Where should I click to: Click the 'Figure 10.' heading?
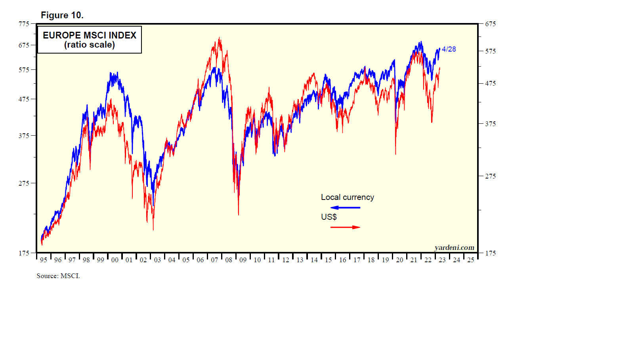(62, 15)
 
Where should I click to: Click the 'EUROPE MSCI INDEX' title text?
(90, 35)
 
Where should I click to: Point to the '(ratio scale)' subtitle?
(90, 45)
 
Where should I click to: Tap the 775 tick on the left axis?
(24, 24)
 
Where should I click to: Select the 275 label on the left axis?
(24, 183)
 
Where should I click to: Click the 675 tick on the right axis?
(490, 24)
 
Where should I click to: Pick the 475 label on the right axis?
(490, 83)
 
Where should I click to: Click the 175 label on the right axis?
(490, 253)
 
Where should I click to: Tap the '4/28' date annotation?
(449, 49)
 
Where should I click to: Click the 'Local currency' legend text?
(348, 197)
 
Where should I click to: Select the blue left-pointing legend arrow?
(345, 207)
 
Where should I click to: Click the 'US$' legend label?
(329, 217)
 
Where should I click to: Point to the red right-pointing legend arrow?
(345, 227)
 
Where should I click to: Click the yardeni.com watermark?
(454, 248)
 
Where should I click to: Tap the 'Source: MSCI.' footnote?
(58, 276)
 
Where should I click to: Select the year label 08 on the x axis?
(229, 260)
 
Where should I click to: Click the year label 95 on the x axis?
(44, 260)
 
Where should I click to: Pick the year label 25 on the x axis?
(471, 260)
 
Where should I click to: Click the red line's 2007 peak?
(219, 38)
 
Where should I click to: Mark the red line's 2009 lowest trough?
(239, 215)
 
